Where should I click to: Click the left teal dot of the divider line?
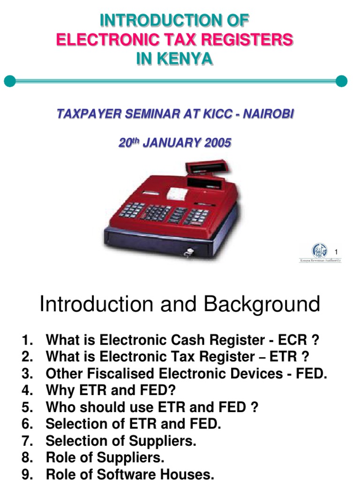[x=9, y=81]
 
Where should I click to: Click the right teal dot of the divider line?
[x=342, y=81]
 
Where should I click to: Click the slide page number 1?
[x=336, y=254]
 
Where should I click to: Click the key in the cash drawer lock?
[x=188, y=254]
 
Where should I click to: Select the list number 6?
[x=27, y=424]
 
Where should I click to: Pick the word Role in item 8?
[x=60, y=457]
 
